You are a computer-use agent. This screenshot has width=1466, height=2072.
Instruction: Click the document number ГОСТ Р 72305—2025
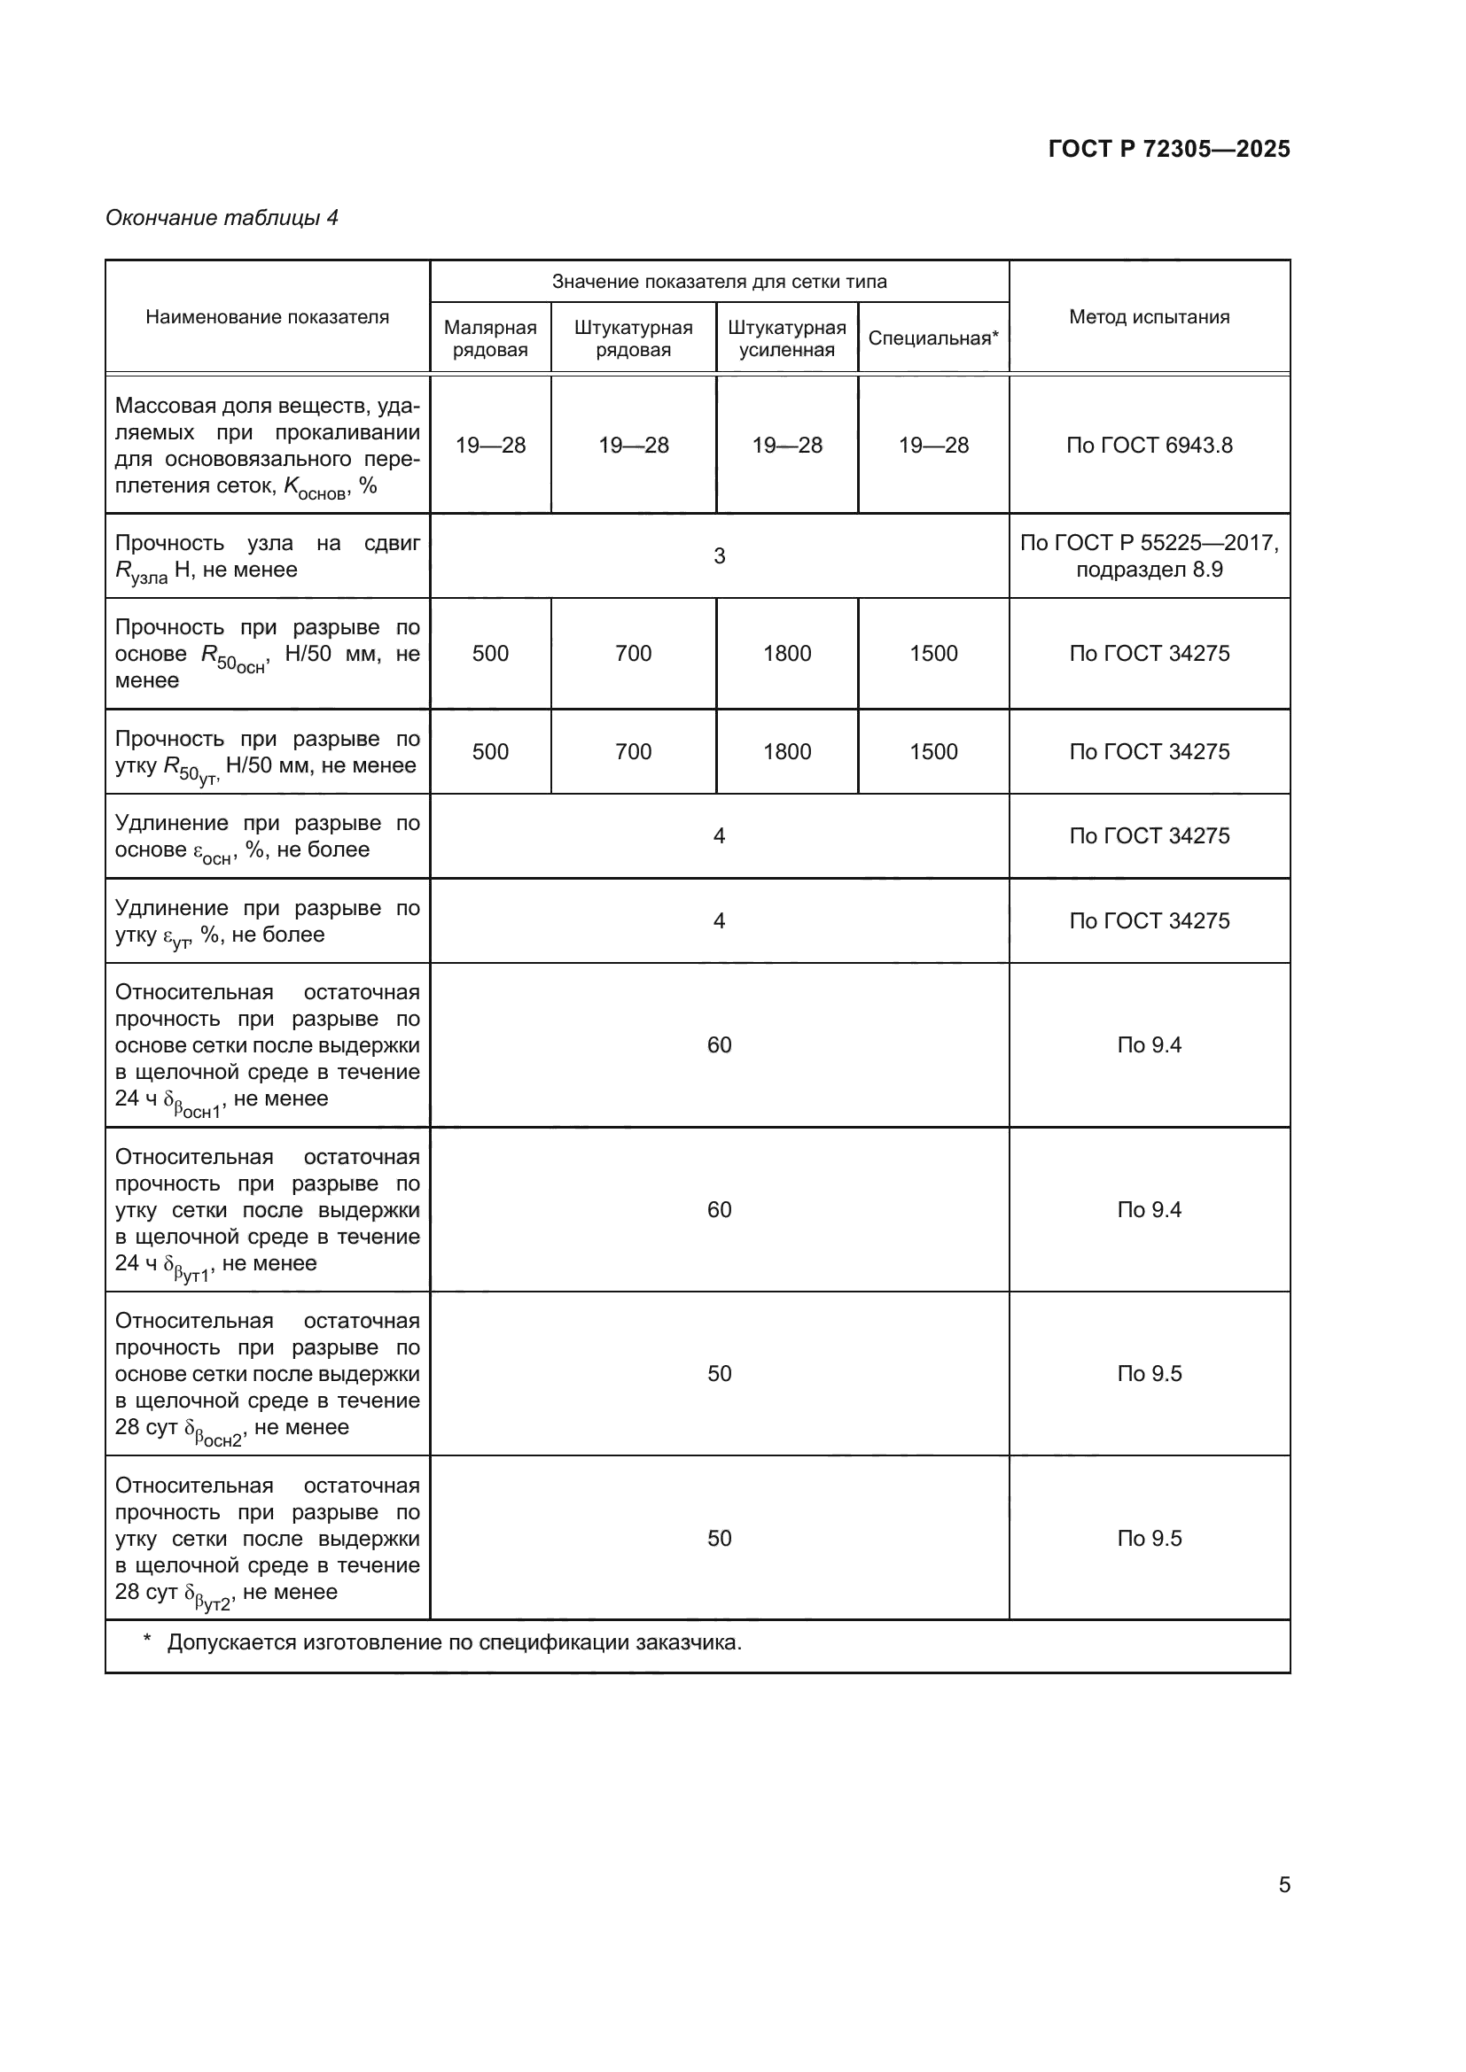pyautogui.click(x=1168, y=149)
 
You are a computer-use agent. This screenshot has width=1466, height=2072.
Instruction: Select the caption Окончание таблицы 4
pyautogui.click(x=222, y=218)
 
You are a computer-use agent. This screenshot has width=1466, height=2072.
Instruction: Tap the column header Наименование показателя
pyautogui.click(x=267, y=317)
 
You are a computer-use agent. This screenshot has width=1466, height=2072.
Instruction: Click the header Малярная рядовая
pyautogui.click(x=490, y=338)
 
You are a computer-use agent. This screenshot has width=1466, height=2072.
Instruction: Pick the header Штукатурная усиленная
pyautogui.click(x=786, y=338)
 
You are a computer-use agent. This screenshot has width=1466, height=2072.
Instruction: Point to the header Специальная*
pyautogui.click(x=932, y=338)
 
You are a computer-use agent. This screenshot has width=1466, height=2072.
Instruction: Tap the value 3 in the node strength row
pyautogui.click(x=719, y=556)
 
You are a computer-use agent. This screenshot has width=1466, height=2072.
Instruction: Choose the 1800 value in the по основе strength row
pyautogui.click(x=786, y=654)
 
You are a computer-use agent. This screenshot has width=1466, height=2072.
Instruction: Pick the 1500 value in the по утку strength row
pyautogui.click(x=932, y=752)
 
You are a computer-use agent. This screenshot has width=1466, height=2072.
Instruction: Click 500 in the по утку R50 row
pyautogui.click(x=490, y=752)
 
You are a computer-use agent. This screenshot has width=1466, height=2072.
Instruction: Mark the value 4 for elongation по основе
pyautogui.click(x=719, y=835)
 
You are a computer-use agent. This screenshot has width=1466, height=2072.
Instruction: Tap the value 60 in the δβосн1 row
pyautogui.click(x=719, y=1045)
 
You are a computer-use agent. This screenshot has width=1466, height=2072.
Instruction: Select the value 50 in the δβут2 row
pyautogui.click(x=719, y=1539)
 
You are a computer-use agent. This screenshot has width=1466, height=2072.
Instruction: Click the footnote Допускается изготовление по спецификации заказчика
pyautogui.click(x=453, y=1642)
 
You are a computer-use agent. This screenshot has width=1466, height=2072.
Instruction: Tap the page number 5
pyautogui.click(x=1283, y=1885)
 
